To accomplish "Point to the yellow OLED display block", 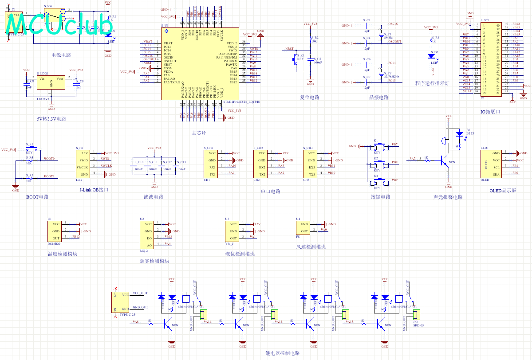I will coord(489,164).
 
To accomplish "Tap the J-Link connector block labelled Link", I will coord(84,164).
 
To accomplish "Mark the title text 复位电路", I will coord(310,98).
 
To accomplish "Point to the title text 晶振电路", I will coord(379,98).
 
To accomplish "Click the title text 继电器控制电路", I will coord(283,353).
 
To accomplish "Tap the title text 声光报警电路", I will coord(448,197).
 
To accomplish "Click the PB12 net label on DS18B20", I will coord(76,237).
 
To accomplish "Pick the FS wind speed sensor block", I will coord(304,228).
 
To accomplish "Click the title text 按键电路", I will coord(381,197).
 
